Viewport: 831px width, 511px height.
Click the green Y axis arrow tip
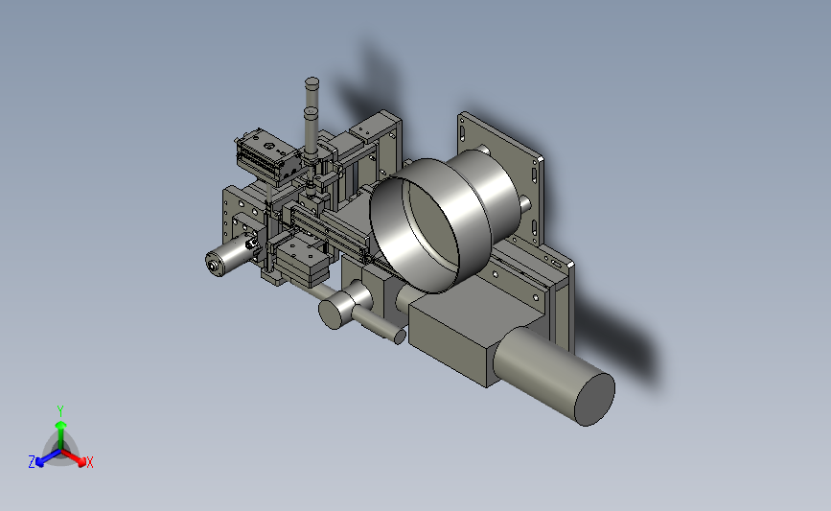click(60, 425)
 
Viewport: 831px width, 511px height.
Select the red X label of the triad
click(89, 462)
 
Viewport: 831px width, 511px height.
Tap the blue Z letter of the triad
click(32, 462)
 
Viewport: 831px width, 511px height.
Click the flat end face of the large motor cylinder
click(595, 399)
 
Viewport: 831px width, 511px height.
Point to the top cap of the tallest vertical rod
click(312, 82)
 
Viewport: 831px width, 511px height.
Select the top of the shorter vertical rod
click(311, 112)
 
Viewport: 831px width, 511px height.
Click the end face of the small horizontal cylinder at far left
click(214, 264)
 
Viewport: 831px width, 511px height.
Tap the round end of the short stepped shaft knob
click(331, 314)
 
